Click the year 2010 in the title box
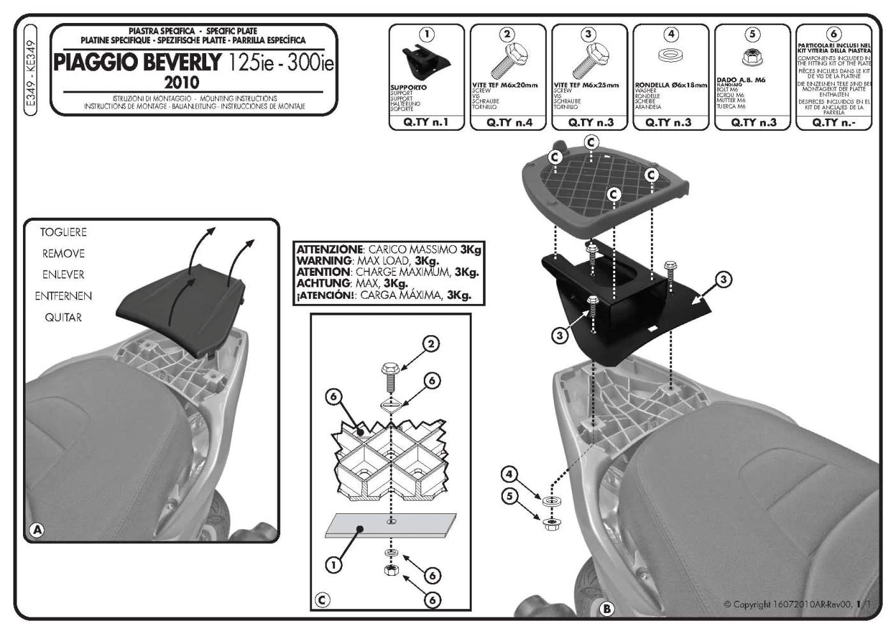tap(181, 82)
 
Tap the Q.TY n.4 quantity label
tap(509, 122)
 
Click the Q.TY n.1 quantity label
tap(426, 122)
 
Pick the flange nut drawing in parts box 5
tap(751, 57)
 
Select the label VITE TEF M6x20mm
tap(505, 84)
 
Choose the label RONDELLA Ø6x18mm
tap(671, 84)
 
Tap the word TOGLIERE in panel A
tap(63, 232)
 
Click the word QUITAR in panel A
tap(63, 317)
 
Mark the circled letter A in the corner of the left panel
tap(37, 529)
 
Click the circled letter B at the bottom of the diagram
tap(606, 609)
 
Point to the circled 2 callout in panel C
tap(431, 344)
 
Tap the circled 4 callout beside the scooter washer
tap(509, 474)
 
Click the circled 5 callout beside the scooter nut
tap(509, 495)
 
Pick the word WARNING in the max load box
tap(324, 260)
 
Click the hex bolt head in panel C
tap(390, 368)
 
